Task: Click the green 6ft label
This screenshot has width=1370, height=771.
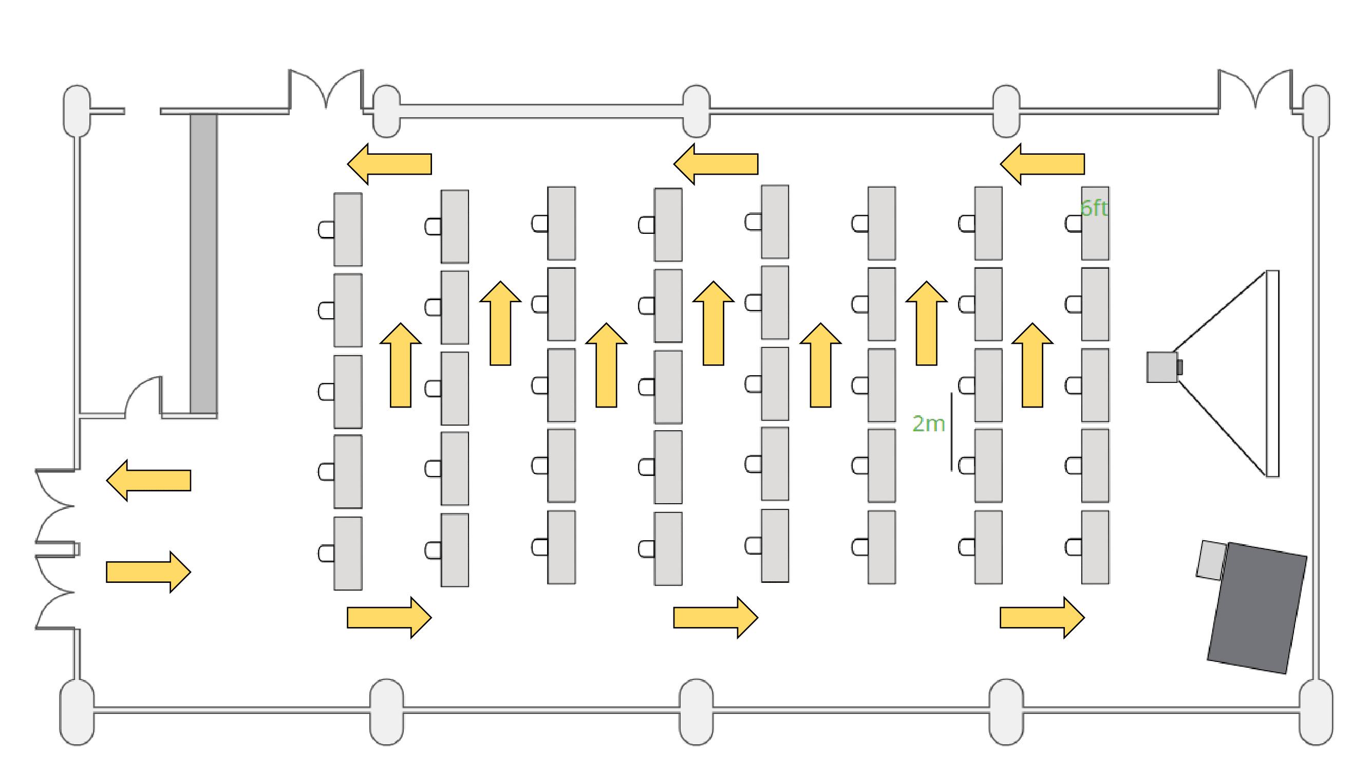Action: coord(1094,208)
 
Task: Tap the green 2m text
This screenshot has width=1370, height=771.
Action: coord(928,424)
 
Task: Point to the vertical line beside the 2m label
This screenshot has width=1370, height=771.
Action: coord(951,432)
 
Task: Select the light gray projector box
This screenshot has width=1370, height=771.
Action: coord(1161,367)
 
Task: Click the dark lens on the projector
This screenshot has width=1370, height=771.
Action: coord(1179,367)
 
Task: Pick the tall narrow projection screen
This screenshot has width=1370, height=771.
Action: coord(1271,374)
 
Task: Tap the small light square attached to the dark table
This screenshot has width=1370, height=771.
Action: coord(1210,560)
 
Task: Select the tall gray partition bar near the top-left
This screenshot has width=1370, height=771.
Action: coord(204,263)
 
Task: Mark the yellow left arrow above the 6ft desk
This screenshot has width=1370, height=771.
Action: coord(1042,164)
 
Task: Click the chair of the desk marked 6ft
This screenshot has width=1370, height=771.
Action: coord(1073,224)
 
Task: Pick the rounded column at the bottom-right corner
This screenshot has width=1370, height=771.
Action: coord(1315,712)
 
